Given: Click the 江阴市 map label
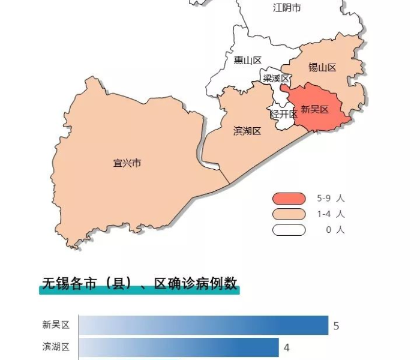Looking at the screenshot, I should click(287, 8).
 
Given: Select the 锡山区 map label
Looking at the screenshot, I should click(322, 67).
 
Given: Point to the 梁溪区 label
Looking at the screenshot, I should click(275, 79).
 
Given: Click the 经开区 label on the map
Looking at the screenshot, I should click(283, 114).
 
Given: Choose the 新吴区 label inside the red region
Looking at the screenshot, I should click(315, 109).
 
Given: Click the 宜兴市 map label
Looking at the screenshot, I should click(127, 163).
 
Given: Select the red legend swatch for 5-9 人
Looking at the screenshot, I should click(289, 199).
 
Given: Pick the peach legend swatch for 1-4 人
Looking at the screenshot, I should click(289, 214).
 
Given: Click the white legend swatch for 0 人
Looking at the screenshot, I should click(289, 230).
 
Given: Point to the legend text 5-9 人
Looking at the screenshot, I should click(331, 199).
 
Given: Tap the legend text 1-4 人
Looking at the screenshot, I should click(331, 214).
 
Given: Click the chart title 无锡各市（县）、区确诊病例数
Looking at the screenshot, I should click(139, 284).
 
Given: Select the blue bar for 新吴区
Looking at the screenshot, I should click(203, 325).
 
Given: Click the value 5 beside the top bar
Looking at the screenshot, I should click(337, 326).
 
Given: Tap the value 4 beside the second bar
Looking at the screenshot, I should click(287, 347).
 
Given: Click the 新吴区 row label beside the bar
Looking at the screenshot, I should click(56, 325).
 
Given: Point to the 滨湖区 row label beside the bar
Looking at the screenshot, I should click(56, 347).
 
